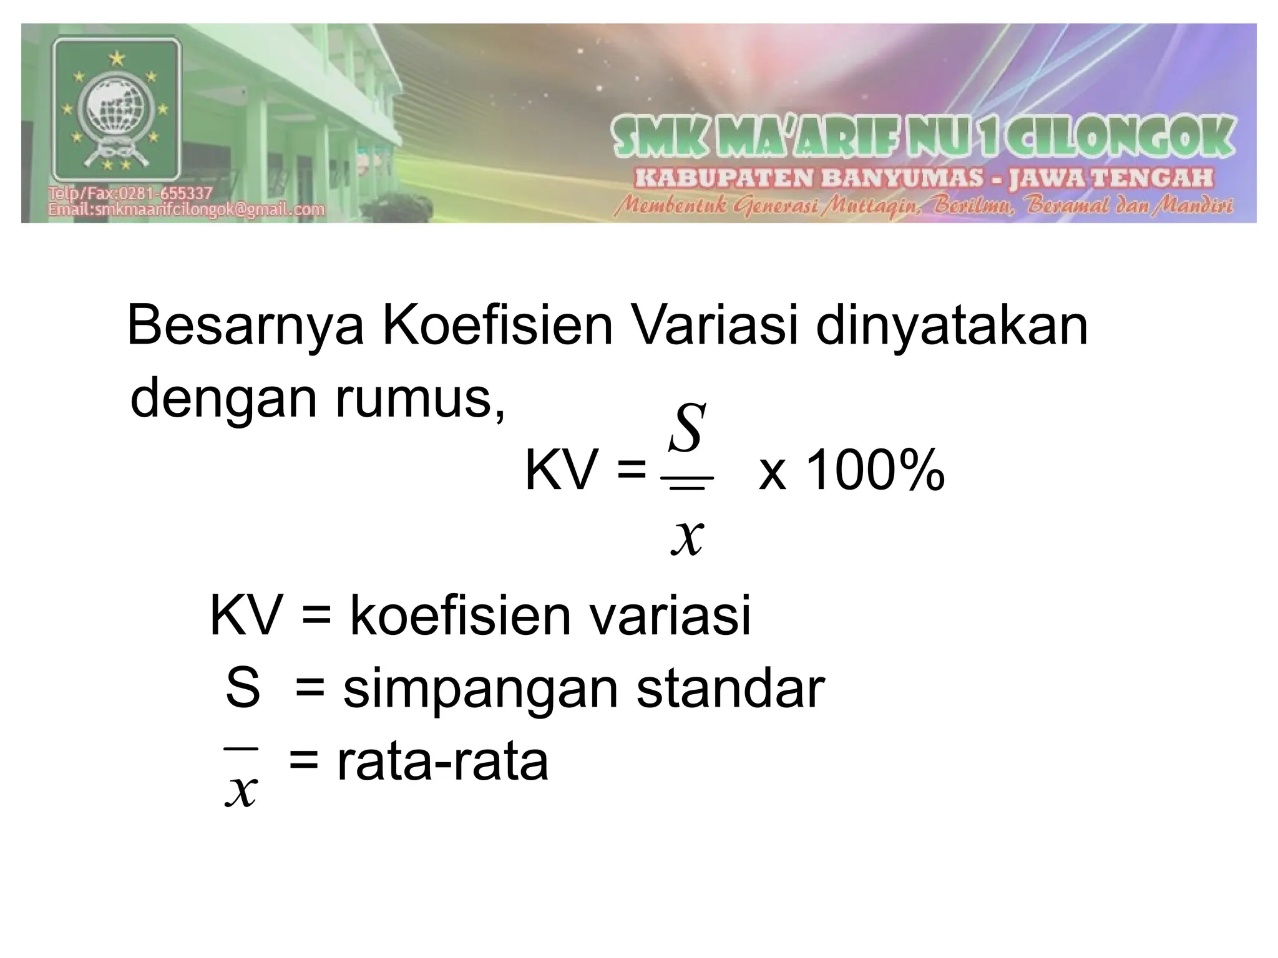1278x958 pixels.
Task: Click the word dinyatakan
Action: (952, 325)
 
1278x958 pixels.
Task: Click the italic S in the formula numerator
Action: (687, 428)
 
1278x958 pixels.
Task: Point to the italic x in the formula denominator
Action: (687, 536)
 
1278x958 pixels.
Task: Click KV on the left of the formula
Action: (560, 472)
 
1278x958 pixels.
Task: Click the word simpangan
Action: (480, 689)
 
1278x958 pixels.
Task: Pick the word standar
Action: (731, 689)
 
